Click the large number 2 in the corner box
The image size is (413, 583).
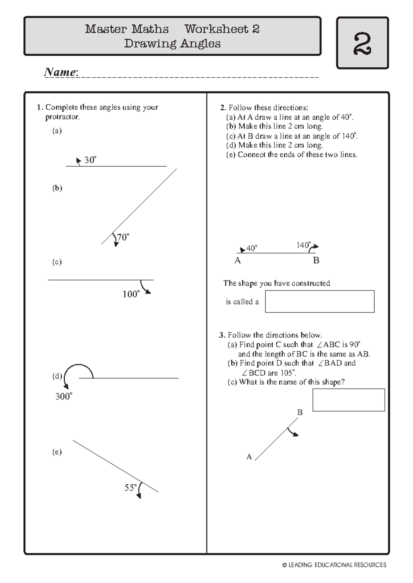[x=362, y=43]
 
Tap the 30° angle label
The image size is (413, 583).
[x=90, y=160]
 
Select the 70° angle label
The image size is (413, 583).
[x=123, y=237]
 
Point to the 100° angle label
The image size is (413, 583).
[x=131, y=294]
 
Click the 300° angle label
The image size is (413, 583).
[x=64, y=396]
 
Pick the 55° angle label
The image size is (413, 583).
[x=130, y=487]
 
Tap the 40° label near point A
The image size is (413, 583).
[x=252, y=248]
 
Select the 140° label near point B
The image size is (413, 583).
[x=303, y=245]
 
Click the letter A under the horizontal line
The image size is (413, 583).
[x=237, y=261]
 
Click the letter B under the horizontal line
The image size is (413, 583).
[x=316, y=261]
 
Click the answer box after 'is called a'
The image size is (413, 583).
[x=319, y=301]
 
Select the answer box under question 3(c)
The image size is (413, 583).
[x=348, y=400]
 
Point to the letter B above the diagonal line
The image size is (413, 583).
[x=299, y=412]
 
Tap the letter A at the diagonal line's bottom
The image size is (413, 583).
[x=249, y=457]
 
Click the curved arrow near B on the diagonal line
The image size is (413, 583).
[x=293, y=432]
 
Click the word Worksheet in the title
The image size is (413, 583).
[x=216, y=29]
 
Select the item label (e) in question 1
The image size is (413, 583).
[x=57, y=452]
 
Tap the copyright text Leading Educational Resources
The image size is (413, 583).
[x=334, y=565]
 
